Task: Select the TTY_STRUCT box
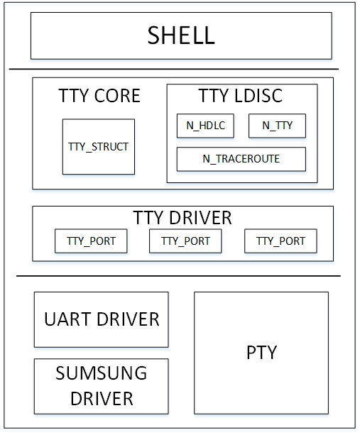(x=98, y=146)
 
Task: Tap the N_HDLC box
(x=205, y=126)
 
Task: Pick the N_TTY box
(x=277, y=126)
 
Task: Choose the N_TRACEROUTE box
(x=241, y=159)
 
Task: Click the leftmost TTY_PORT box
(x=91, y=241)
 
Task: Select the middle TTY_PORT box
(x=185, y=241)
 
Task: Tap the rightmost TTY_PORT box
(x=280, y=241)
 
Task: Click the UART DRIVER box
(x=102, y=319)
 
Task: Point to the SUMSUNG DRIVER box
(x=102, y=386)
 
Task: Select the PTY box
(x=261, y=353)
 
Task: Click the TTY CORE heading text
(x=99, y=97)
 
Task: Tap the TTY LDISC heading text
(x=241, y=96)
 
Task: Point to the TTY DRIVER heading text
(x=182, y=217)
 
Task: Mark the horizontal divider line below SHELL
(x=173, y=69)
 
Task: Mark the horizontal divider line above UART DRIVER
(x=178, y=276)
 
